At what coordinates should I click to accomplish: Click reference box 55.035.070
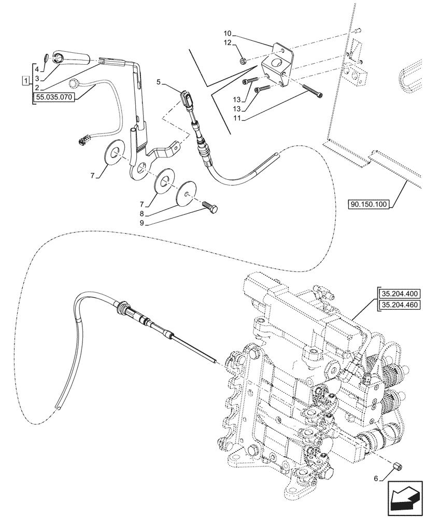54,96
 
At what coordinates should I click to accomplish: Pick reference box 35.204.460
401,305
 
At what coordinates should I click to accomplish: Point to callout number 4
37,68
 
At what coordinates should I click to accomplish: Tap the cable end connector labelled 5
187,98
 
